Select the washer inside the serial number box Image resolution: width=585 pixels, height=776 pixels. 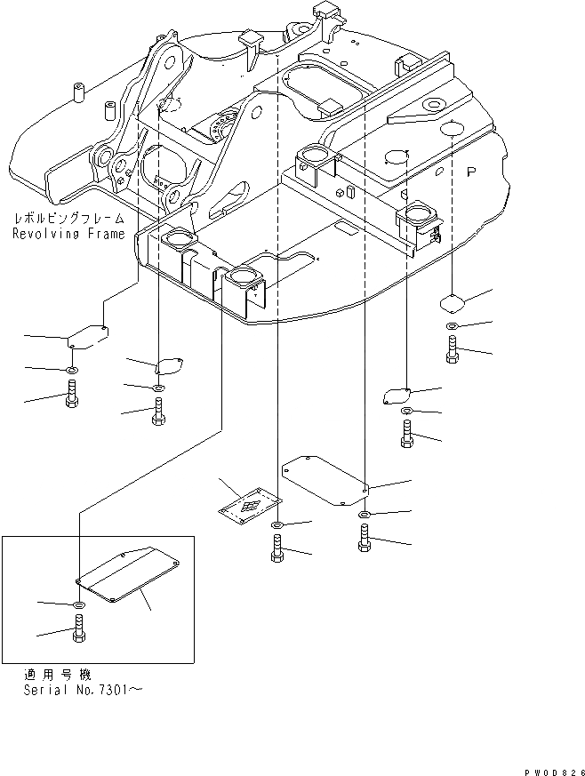click(79, 605)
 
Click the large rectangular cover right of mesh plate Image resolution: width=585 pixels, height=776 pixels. click(325, 481)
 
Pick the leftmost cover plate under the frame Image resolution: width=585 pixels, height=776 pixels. click(89, 339)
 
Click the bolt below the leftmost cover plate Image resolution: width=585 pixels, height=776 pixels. click(72, 395)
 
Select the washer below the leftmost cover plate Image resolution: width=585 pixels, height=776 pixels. click(72, 369)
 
